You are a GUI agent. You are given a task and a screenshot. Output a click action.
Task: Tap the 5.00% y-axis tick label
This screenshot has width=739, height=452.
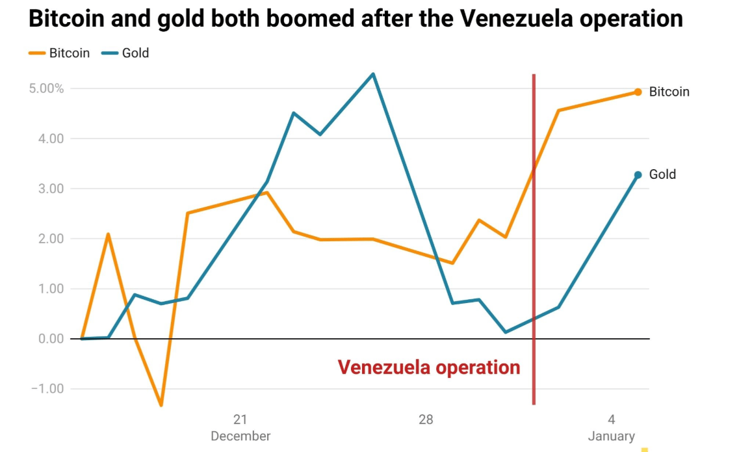tap(46, 88)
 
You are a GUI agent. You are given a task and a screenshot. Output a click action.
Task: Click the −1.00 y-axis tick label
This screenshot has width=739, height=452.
tap(47, 389)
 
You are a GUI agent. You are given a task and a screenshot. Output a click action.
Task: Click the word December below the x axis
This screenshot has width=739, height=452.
tap(240, 436)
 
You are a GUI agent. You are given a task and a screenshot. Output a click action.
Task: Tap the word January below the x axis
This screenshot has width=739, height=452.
tap(612, 436)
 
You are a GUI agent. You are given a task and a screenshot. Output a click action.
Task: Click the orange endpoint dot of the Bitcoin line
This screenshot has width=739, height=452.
tap(638, 92)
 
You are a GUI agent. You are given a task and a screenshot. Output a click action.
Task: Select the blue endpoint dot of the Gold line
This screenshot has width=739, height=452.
tap(638, 174)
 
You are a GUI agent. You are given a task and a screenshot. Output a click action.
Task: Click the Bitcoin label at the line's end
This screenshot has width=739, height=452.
tap(669, 92)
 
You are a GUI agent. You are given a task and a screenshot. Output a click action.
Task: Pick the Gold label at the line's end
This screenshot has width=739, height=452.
tap(662, 174)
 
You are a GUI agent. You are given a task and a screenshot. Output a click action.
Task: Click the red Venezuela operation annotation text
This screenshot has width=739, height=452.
tap(429, 367)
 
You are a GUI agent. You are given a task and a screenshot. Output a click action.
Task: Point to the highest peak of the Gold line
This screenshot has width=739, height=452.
tap(373, 73)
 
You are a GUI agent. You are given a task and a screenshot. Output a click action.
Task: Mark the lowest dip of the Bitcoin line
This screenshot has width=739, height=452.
tap(161, 406)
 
